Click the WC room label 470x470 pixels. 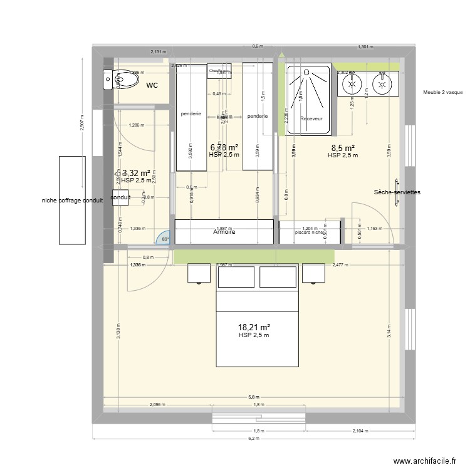[152, 85]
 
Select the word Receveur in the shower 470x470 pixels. [311, 118]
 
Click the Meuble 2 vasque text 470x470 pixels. [442, 92]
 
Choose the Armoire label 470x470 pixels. [224, 231]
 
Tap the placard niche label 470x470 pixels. [309, 232]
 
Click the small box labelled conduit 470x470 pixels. [120, 197]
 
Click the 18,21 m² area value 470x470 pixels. [254, 327]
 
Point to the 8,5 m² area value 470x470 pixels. [342, 149]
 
